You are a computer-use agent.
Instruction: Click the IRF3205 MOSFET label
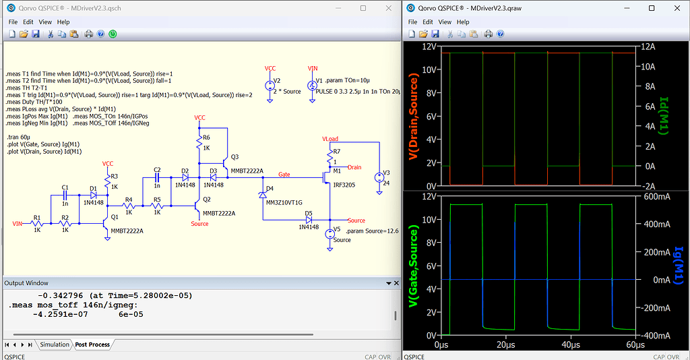coord(343,183)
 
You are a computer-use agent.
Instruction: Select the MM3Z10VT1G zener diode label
coord(284,202)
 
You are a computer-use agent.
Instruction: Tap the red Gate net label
coord(284,174)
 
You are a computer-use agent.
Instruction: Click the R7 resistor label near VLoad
coord(336,152)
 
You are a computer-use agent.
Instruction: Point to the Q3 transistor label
coord(234,156)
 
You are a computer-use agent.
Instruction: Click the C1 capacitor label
coord(65,187)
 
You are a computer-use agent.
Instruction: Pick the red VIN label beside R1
coord(18,223)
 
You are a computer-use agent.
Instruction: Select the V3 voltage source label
coord(386,173)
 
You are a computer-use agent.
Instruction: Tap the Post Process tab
coord(92,344)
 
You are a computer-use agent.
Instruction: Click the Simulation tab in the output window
coord(55,344)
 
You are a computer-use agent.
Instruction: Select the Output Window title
coord(26,283)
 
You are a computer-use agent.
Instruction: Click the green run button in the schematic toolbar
coord(113,34)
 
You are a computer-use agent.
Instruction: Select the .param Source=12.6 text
coord(372,231)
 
